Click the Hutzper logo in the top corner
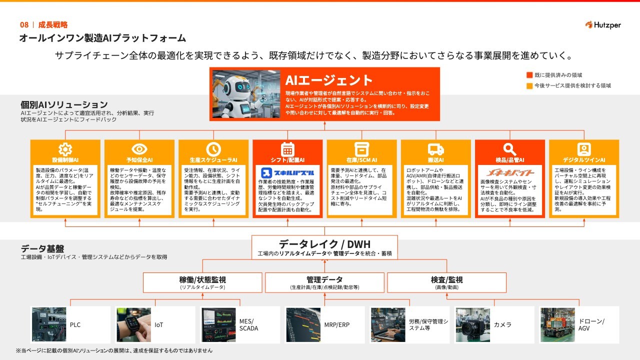(x=602, y=25)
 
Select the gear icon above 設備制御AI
(x=65, y=149)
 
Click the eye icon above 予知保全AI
(x=139, y=149)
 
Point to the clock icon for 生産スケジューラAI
(x=213, y=149)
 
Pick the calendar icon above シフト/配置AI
(x=287, y=149)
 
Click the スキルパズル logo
(x=287, y=173)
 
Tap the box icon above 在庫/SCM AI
(x=361, y=149)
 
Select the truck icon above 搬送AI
(x=435, y=149)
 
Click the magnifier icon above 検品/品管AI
(x=509, y=149)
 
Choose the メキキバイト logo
(x=509, y=173)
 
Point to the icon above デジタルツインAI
(x=583, y=149)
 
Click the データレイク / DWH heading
(x=324, y=244)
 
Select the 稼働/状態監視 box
(x=202, y=282)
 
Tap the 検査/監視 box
(x=446, y=282)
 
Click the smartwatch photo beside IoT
(x=133, y=324)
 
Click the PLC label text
(x=75, y=325)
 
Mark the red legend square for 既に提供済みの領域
(x=529, y=75)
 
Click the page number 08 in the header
(x=24, y=24)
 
